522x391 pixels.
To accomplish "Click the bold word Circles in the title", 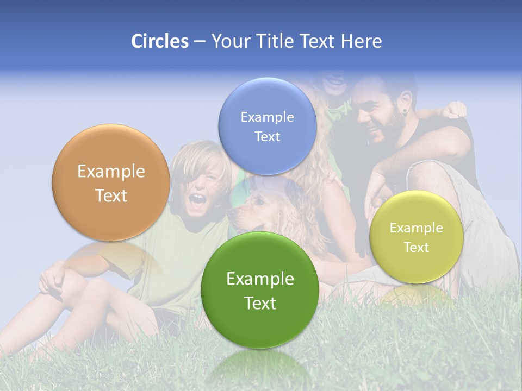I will coord(159,41).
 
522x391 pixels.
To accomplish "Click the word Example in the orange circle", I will coord(111,172).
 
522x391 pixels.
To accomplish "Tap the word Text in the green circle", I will coord(260,303).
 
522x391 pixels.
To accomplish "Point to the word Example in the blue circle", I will coord(267,117).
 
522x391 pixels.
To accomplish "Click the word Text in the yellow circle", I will coord(417,248).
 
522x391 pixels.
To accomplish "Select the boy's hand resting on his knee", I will coord(52,280).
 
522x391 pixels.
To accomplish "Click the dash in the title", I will coord(200,42).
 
